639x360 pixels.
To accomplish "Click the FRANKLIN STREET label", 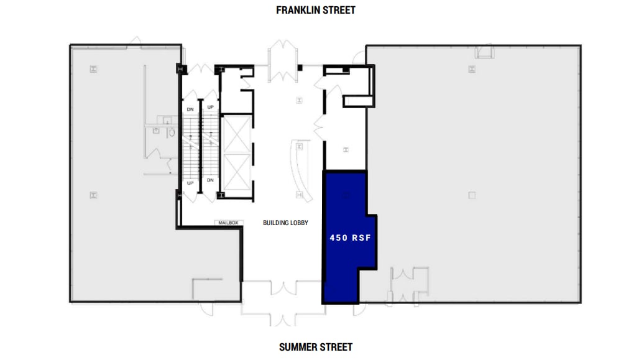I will point(316,10).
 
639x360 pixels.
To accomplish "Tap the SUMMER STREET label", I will point(316,347).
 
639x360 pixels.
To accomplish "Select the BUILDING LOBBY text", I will point(285,223).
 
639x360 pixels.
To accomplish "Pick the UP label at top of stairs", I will point(210,108).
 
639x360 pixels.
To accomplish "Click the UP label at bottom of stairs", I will point(191,183).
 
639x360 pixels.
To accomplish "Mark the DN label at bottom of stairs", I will point(210,180).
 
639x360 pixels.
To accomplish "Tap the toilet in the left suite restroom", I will point(171,132).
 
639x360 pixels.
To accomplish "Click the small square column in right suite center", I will point(472,195).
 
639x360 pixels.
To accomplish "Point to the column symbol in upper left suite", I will point(93,69).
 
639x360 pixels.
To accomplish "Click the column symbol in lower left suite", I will point(93,195).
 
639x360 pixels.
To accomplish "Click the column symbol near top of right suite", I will point(472,69).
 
